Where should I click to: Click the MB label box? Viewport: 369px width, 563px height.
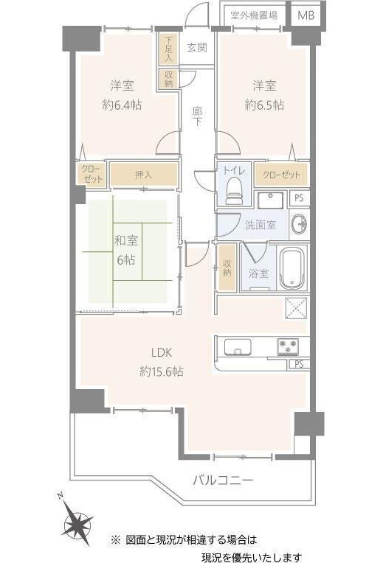point(306,15)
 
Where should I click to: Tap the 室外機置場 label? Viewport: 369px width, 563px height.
point(254,15)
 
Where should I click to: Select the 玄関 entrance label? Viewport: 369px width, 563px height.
point(197,47)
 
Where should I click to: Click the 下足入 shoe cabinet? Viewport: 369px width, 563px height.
point(168,49)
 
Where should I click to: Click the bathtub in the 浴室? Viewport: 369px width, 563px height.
point(292,268)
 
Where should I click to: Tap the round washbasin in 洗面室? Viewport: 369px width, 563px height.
point(298,225)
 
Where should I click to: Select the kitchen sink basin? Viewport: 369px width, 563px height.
point(238,347)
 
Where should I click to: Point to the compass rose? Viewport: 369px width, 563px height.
point(77,521)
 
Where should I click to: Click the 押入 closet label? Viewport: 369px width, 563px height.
point(143,175)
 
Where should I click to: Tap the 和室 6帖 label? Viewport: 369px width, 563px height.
point(126,250)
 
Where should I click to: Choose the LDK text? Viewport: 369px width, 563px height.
point(162,352)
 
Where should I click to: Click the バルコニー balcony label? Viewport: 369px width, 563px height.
point(223,480)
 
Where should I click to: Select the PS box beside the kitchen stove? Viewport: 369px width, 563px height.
point(299,364)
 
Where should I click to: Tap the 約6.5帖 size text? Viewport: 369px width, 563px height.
point(264,105)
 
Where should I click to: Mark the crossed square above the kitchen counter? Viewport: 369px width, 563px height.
point(297,308)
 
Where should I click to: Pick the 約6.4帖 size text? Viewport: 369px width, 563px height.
point(122,105)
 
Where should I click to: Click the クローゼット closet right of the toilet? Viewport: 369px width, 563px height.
point(281,175)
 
